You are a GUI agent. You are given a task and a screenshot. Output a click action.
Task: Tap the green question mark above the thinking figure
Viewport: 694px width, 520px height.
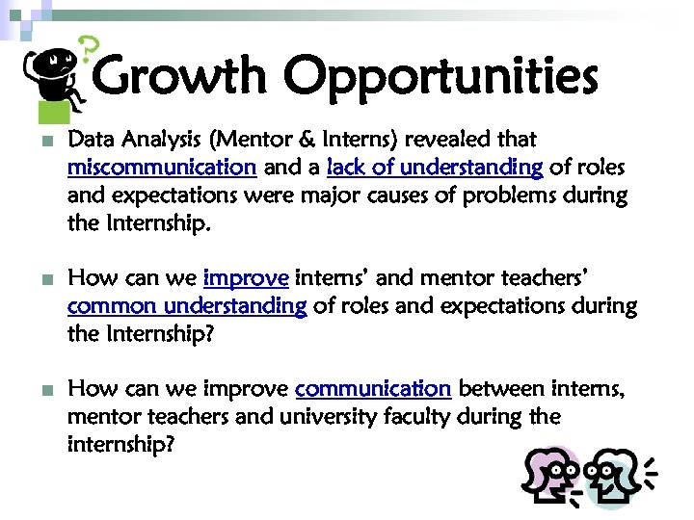tap(88, 48)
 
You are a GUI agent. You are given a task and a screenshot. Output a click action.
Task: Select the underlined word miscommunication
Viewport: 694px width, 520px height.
tap(161, 168)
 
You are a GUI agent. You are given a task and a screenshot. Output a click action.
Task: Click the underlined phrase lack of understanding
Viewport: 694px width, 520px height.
tap(435, 168)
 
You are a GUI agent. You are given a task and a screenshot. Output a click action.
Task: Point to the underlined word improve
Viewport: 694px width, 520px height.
tap(246, 279)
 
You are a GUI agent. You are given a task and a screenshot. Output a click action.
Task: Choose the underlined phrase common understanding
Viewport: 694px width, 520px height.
tap(187, 307)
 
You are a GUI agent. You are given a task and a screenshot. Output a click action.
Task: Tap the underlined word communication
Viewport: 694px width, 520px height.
tap(373, 390)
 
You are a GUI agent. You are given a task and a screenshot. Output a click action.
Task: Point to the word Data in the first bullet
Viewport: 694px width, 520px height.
tap(90, 140)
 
